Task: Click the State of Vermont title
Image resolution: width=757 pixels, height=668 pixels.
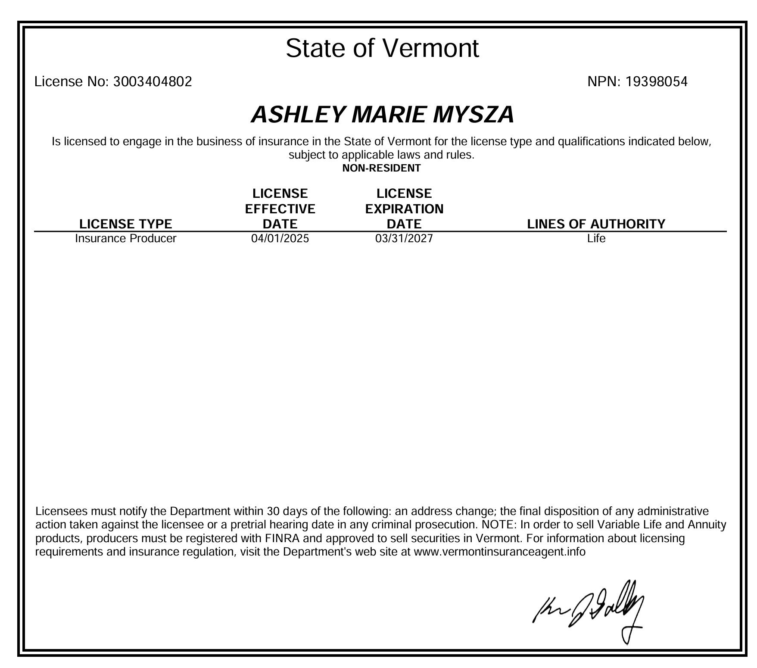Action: point(382,48)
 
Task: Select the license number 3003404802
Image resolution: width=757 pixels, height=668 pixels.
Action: point(152,81)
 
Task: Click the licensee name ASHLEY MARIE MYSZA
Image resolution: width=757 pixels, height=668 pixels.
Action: point(382,115)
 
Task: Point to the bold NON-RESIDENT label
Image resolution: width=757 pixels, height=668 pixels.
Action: point(381,168)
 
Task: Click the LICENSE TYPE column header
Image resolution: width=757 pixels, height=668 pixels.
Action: point(126,224)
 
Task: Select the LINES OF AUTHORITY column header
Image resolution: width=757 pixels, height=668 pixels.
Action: point(596,224)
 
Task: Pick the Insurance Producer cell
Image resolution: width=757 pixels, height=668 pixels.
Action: point(126,238)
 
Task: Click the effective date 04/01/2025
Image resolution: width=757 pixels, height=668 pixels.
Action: point(280,238)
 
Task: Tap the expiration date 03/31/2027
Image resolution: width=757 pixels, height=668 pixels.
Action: point(404,238)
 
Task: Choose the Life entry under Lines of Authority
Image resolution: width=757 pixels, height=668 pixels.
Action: point(596,238)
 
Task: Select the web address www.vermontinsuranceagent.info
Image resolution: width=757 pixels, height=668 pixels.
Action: point(499,552)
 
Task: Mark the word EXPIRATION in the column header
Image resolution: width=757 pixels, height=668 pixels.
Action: point(404,209)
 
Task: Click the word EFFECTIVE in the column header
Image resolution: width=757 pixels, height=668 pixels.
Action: point(280,209)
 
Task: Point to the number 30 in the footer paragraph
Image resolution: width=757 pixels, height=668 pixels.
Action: point(273,512)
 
